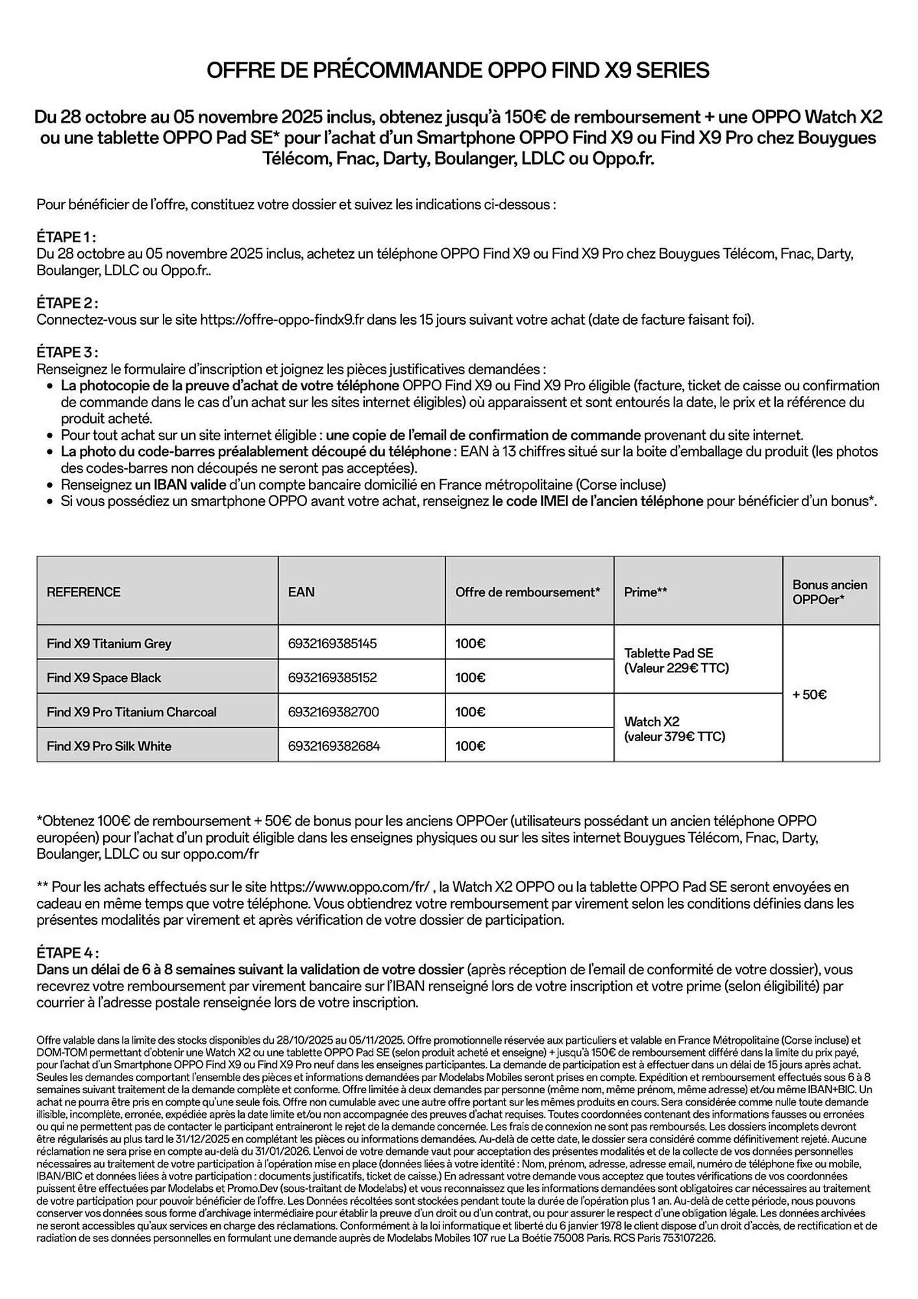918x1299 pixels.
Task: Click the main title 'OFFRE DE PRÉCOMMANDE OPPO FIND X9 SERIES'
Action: [458, 70]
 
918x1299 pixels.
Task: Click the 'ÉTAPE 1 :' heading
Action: [67, 237]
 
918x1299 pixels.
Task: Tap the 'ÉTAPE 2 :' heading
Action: [68, 303]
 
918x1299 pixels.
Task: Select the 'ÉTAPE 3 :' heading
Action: [68, 353]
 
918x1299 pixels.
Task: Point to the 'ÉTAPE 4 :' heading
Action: [68, 953]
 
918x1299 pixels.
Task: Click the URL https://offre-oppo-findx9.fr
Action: [282, 320]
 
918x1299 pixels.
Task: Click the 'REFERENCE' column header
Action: [84, 592]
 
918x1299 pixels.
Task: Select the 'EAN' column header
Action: [301, 592]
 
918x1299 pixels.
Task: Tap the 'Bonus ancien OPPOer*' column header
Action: [830, 592]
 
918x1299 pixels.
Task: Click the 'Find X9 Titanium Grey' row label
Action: [109, 644]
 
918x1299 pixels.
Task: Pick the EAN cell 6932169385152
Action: [332, 677]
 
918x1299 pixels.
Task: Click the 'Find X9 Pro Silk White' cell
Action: [109, 746]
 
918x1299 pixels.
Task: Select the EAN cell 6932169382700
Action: [333, 712]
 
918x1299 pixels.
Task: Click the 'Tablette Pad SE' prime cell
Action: [676, 661]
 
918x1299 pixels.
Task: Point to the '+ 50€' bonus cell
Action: [810, 695]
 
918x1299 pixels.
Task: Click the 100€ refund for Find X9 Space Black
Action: [470, 677]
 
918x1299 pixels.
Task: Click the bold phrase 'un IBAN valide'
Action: [180, 485]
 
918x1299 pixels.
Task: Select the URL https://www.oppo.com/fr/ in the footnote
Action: [349, 887]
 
